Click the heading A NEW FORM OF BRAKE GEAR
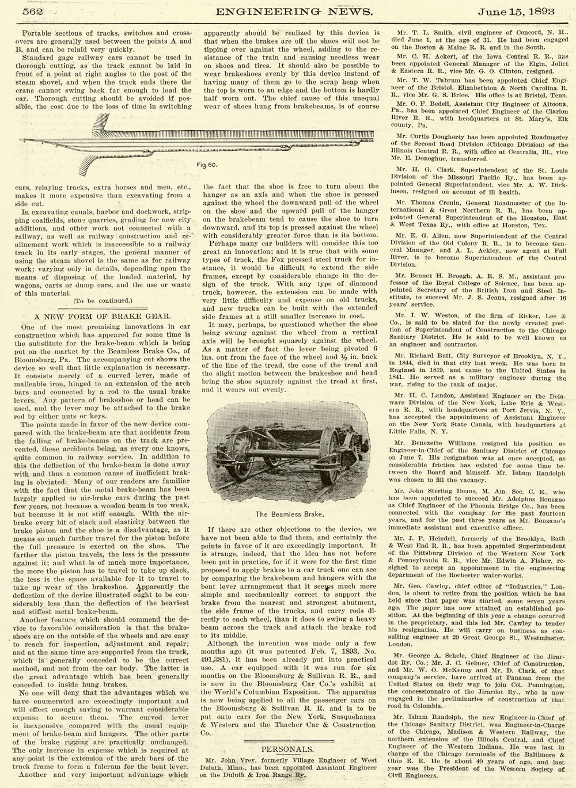(x=103, y=315)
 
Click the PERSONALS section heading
(x=287, y=749)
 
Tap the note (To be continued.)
(x=103, y=300)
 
